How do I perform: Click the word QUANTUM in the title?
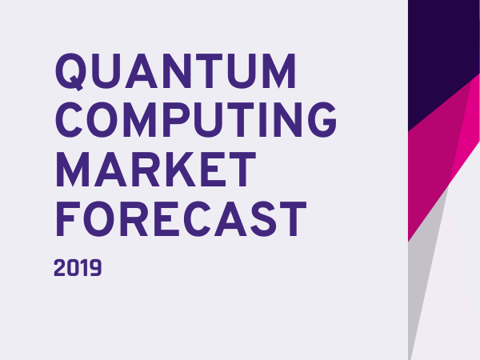point(176,71)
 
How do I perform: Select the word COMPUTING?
point(196,120)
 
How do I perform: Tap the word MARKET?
point(156,169)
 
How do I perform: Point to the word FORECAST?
point(182,219)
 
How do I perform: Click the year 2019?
point(78,268)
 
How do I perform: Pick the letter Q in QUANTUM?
point(70,72)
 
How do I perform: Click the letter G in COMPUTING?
point(322,120)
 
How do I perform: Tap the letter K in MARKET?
point(178,169)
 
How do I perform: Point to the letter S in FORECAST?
point(263,219)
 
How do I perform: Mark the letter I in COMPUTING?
point(263,120)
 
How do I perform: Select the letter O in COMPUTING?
point(102,120)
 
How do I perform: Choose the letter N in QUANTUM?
point(177,71)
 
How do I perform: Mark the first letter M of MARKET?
point(73,169)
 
